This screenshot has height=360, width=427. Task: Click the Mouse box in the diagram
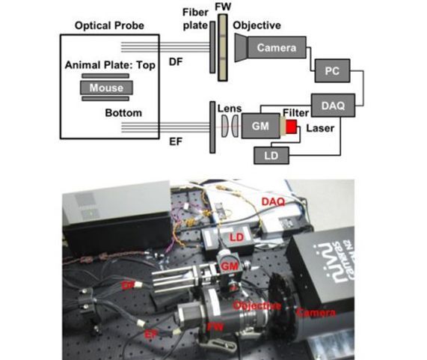pyautogui.click(x=107, y=88)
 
